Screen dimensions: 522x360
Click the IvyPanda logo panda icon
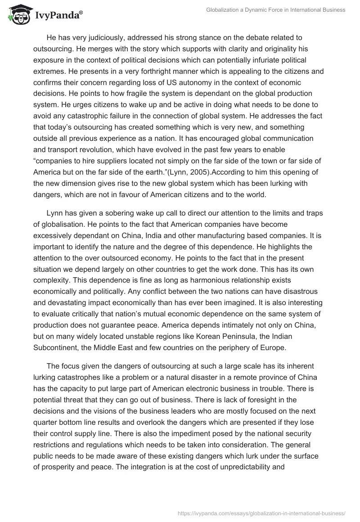pos(17,14)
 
